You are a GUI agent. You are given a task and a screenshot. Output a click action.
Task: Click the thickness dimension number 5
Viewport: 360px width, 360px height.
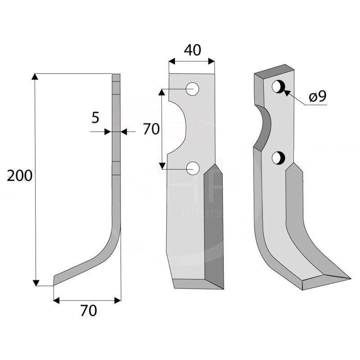tap(95, 118)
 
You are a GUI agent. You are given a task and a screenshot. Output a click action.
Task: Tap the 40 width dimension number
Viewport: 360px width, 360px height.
tap(192, 50)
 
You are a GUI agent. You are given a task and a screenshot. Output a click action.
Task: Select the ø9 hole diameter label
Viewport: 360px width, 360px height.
tap(317, 96)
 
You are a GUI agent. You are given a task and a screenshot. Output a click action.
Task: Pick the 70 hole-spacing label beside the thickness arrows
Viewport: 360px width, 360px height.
tap(151, 130)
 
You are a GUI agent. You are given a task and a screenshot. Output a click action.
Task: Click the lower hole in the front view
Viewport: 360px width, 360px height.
tap(193, 168)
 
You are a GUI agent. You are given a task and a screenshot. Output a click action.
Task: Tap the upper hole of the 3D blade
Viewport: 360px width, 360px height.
tap(278, 87)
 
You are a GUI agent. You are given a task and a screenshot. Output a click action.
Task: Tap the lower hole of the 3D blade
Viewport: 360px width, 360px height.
tap(278, 157)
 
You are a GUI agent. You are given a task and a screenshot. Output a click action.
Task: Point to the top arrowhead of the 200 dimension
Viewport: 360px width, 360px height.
tap(36, 77)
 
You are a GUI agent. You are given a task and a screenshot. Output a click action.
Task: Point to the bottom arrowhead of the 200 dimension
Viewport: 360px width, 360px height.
tap(36, 282)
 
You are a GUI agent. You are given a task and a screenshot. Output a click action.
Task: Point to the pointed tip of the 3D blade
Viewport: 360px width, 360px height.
tap(349, 278)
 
